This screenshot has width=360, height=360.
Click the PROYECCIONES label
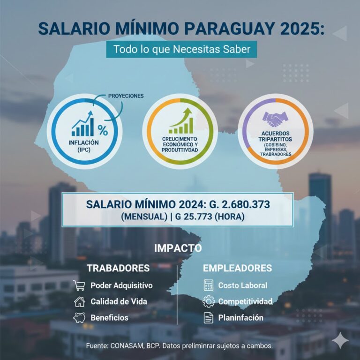pyautogui.click(x=126, y=96)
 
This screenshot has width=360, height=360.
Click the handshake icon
pyautogui.click(x=275, y=120)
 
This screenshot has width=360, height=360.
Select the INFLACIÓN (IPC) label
pyautogui.click(x=84, y=146)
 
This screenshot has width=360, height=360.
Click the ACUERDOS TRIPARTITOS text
pyautogui.click(x=275, y=136)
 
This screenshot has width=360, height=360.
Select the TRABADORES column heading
pyautogui.click(x=118, y=268)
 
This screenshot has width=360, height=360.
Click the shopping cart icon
pyautogui.click(x=79, y=285)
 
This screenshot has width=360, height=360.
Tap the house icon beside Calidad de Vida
pyautogui.click(x=79, y=301)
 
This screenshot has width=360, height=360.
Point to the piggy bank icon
pyautogui.click(x=79, y=317)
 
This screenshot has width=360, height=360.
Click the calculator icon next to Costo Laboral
pyautogui.click(x=209, y=285)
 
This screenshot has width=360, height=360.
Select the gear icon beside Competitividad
pyautogui.click(x=209, y=301)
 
